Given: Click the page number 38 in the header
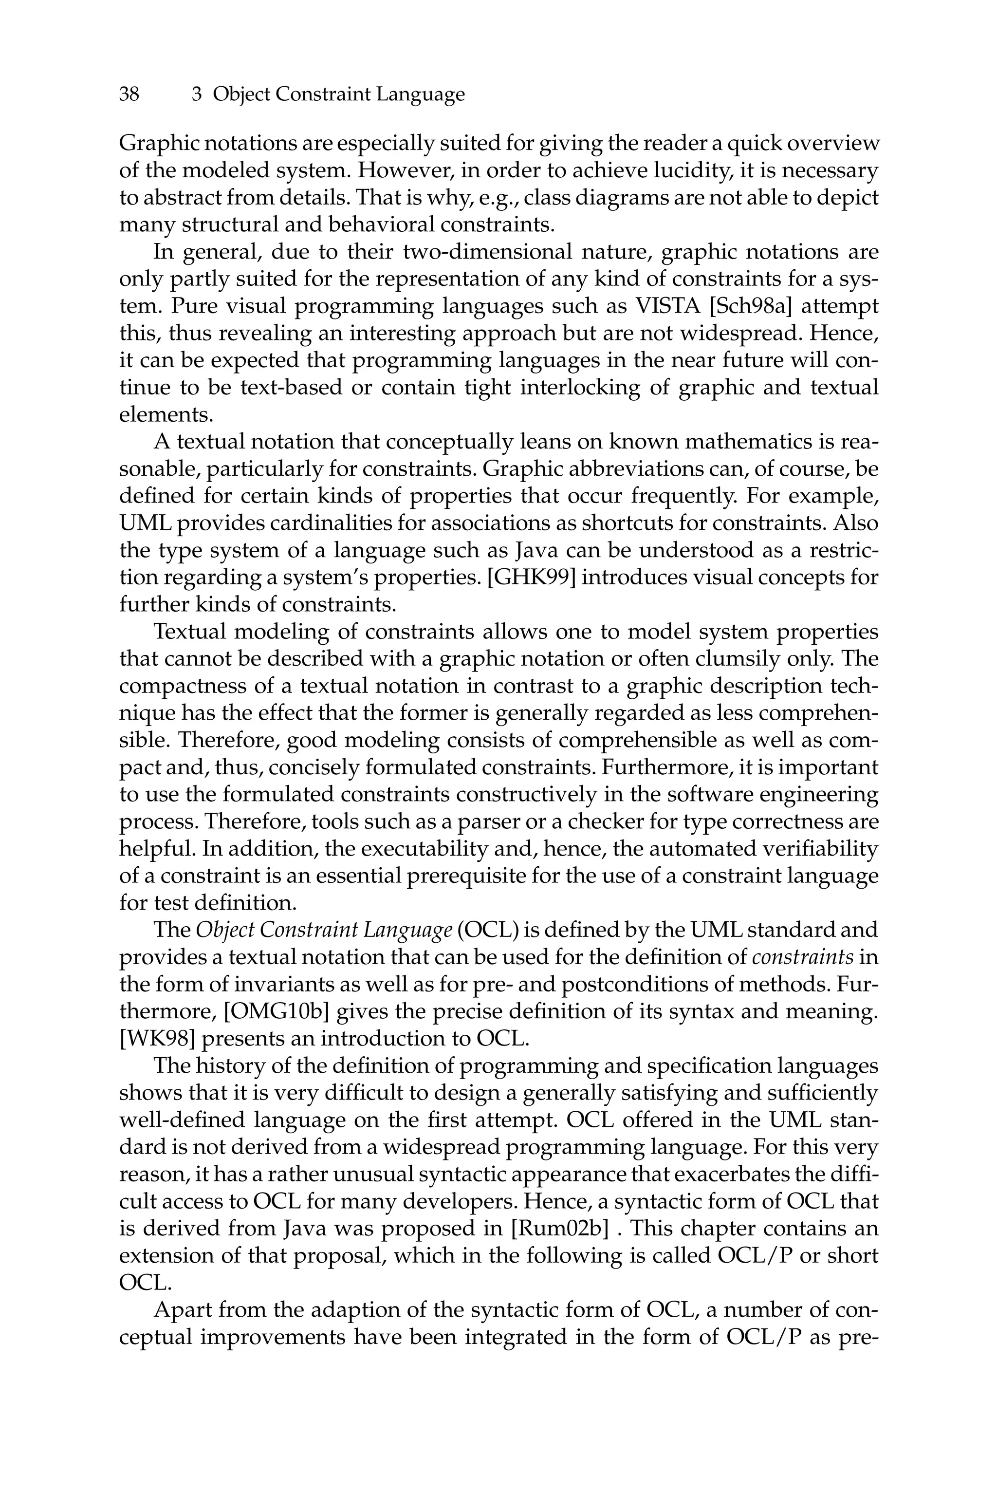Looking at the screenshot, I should pyautogui.click(x=129, y=95).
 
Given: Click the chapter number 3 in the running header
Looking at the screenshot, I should pyautogui.click(x=197, y=95).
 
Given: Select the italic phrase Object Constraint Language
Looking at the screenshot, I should pyautogui.click(x=324, y=930).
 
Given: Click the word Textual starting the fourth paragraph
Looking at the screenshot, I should pyautogui.click(x=190, y=632).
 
